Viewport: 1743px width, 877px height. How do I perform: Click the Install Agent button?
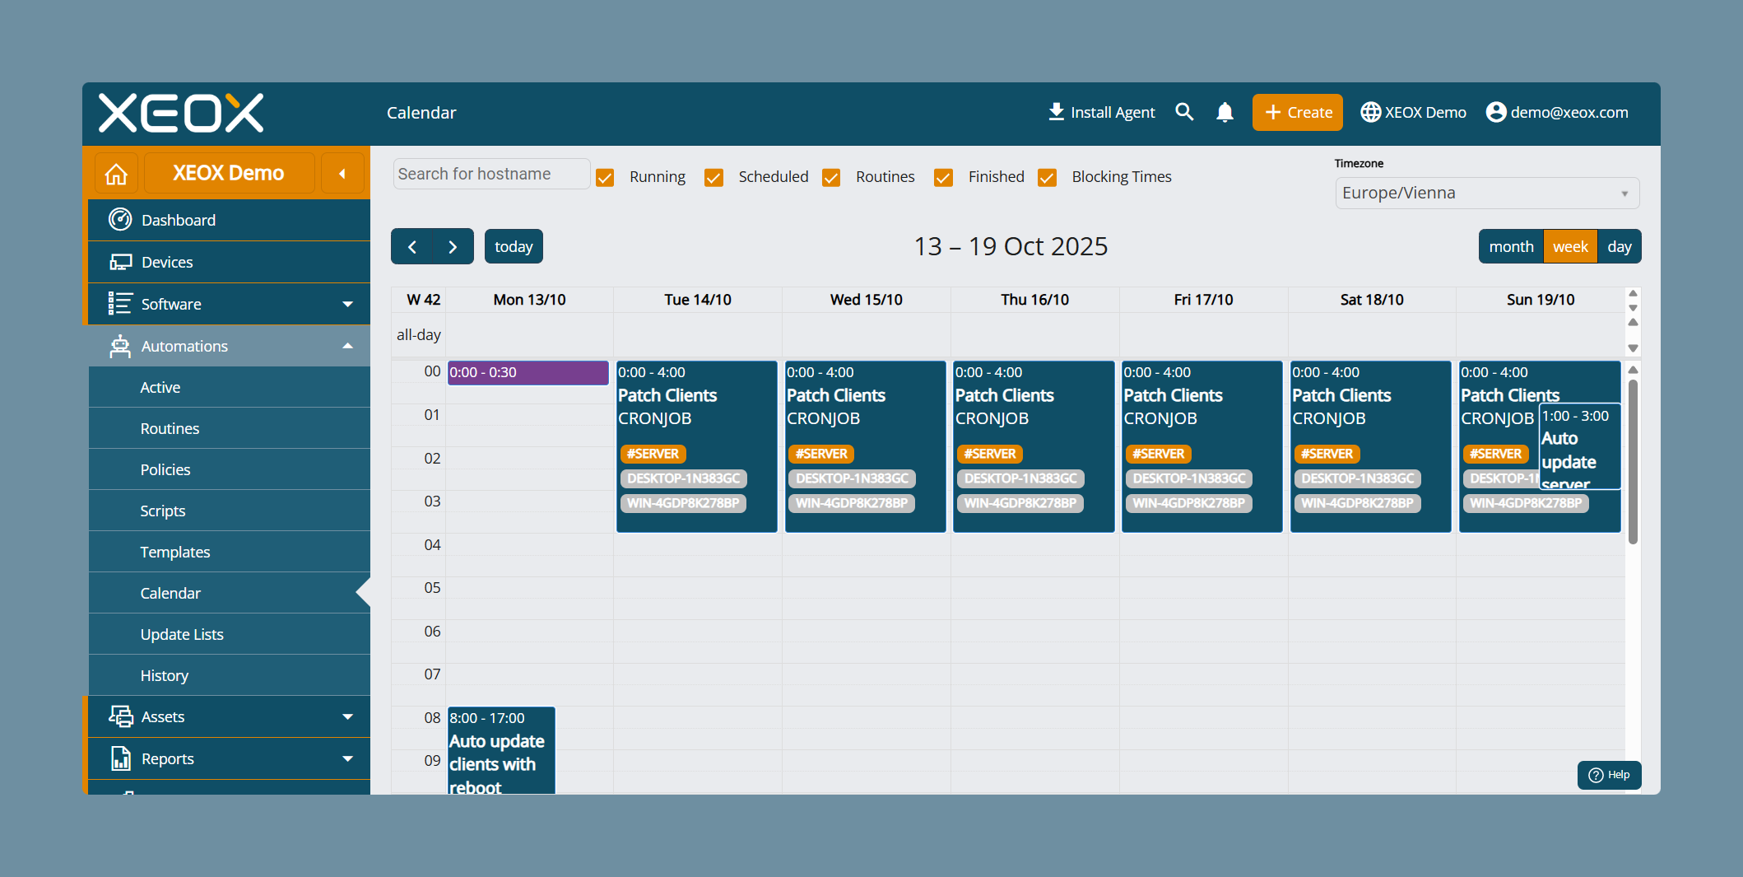tap(1101, 112)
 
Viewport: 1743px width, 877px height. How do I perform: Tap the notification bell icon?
tap(1225, 112)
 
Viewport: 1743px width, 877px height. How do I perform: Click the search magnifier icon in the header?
tap(1184, 112)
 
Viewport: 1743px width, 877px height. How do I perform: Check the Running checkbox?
tap(605, 177)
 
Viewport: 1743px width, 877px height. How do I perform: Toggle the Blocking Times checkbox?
tap(1047, 177)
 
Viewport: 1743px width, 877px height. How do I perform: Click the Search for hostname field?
tap(491, 174)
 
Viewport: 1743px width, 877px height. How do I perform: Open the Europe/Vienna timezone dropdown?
tap(1487, 193)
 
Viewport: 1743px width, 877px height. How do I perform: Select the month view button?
tap(1511, 246)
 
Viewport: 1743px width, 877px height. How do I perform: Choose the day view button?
tap(1620, 246)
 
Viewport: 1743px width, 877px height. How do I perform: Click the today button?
tap(514, 246)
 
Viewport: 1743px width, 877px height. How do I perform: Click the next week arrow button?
tap(453, 246)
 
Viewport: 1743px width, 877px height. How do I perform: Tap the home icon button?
tap(116, 174)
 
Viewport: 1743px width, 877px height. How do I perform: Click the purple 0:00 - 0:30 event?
tap(528, 372)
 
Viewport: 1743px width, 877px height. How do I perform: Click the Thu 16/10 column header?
tap(1034, 300)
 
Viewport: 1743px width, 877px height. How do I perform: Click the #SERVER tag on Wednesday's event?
tap(821, 454)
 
